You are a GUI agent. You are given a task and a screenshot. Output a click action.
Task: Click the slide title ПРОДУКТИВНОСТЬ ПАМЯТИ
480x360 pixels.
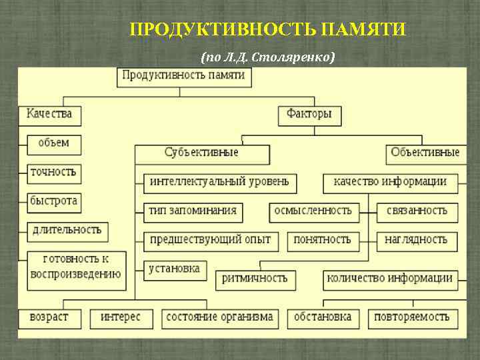click(267, 30)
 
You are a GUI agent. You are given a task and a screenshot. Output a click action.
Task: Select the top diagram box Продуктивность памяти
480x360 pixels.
click(183, 75)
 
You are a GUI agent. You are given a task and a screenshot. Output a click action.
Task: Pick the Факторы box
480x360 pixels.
click(309, 114)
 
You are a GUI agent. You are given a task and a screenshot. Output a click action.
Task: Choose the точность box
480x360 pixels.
click(53, 172)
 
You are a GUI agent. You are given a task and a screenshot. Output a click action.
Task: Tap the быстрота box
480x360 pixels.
click(53, 201)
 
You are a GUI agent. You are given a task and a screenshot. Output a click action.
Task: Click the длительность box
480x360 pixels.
click(67, 231)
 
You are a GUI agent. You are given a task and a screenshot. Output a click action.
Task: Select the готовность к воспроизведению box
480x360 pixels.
click(75, 266)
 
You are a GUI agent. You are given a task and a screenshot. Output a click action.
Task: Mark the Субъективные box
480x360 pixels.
click(201, 153)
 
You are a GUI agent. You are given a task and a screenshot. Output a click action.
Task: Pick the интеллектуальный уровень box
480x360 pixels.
click(219, 182)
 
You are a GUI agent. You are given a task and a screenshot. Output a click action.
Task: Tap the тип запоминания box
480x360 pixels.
click(193, 211)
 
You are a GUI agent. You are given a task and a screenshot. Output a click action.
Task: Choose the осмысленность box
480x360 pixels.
click(313, 211)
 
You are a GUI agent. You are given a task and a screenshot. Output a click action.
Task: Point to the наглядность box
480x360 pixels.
click(416, 239)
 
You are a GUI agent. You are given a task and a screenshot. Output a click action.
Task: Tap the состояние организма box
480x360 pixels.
click(219, 317)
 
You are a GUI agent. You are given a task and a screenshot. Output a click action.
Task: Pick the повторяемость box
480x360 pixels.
click(411, 317)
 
